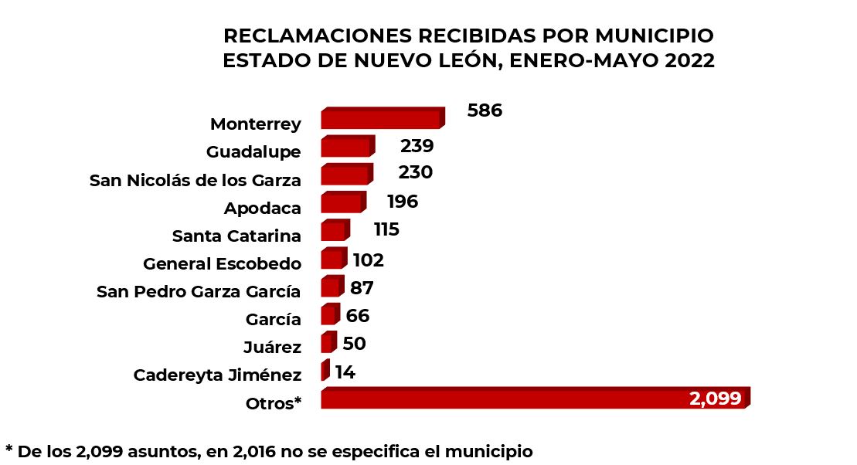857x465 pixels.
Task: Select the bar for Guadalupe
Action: point(347,146)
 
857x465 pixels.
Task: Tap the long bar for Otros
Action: point(533,398)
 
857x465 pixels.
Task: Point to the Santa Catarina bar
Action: point(335,230)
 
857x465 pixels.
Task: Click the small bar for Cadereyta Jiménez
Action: point(325,371)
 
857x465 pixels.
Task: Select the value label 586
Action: point(485,110)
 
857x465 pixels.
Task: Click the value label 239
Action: point(417,146)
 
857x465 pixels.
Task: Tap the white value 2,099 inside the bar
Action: point(715,399)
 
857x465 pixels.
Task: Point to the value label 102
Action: point(368,260)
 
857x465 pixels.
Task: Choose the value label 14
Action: point(345,372)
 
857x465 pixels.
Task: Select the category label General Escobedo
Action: point(222,264)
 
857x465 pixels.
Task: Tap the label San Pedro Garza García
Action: point(199,292)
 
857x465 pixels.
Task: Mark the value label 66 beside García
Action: point(358,315)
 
